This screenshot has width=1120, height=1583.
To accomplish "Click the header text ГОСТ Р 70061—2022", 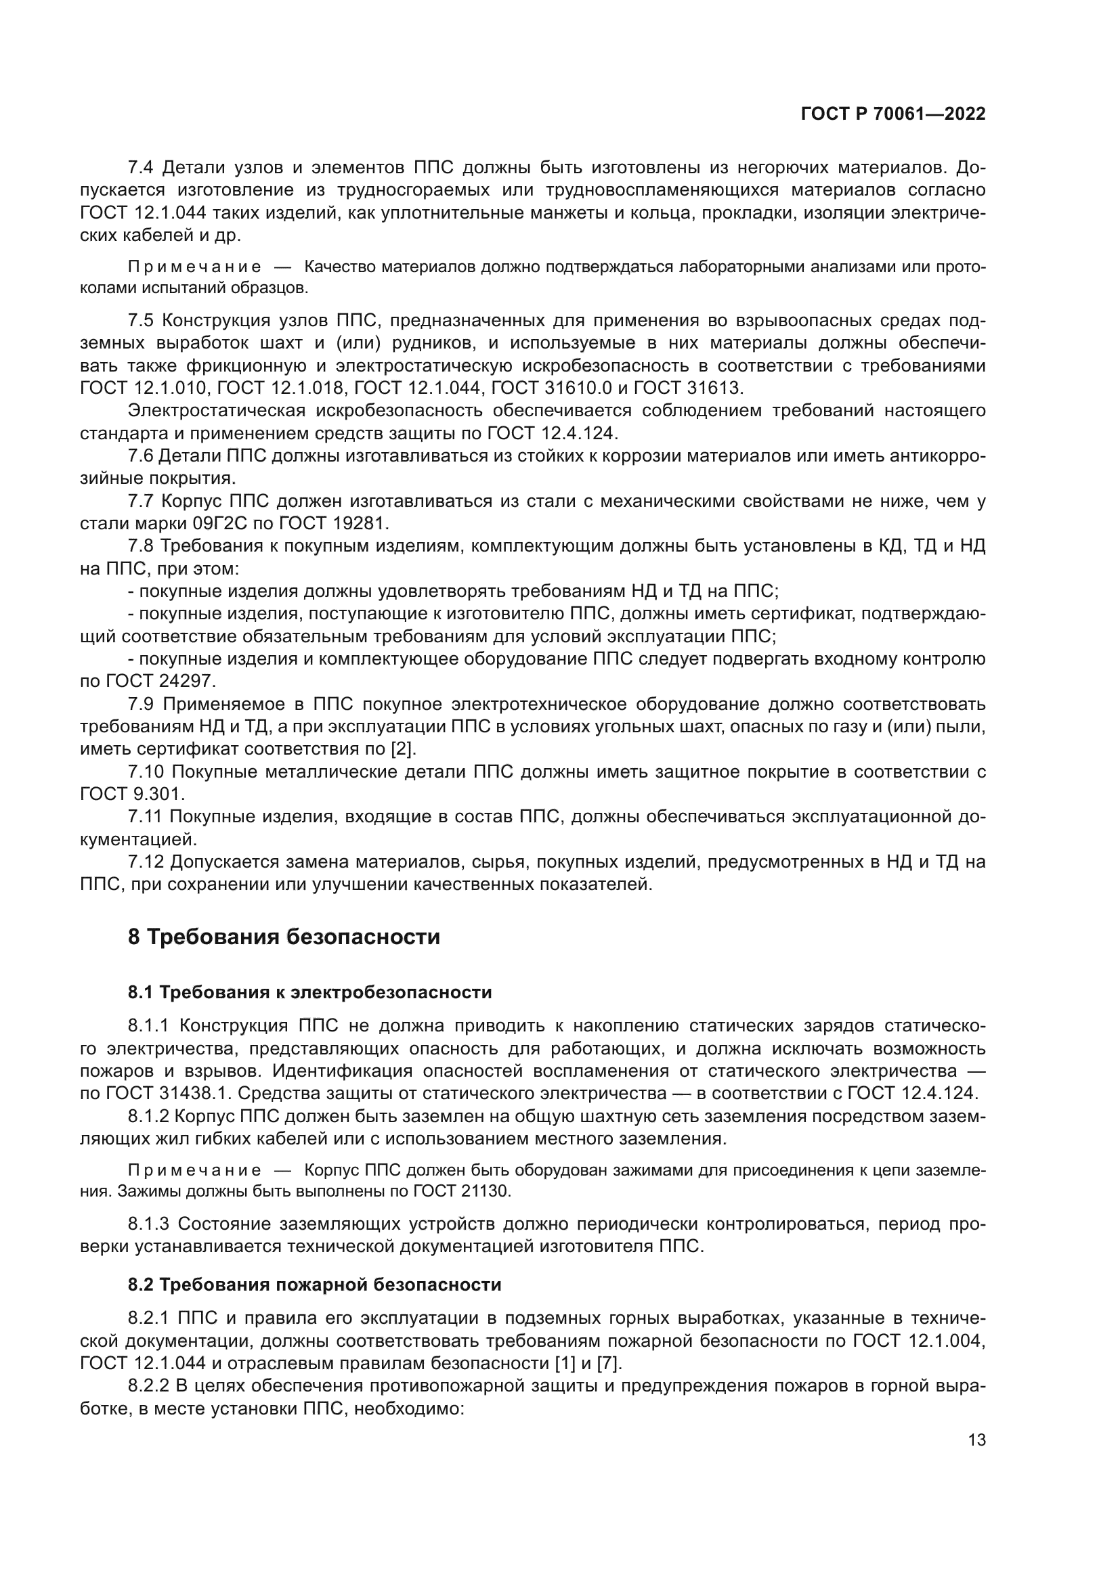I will coord(892,114).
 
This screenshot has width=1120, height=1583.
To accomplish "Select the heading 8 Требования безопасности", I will coord(284,937).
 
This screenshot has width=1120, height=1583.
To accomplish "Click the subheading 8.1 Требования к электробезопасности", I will coord(309,993).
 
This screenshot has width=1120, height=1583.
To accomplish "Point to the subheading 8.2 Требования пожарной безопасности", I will coord(314,1285).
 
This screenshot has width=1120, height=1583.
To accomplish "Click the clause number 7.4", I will coord(142,168).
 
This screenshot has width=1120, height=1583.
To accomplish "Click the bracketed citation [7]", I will coord(609,1363).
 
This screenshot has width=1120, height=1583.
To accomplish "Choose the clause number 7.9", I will coord(142,704).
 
